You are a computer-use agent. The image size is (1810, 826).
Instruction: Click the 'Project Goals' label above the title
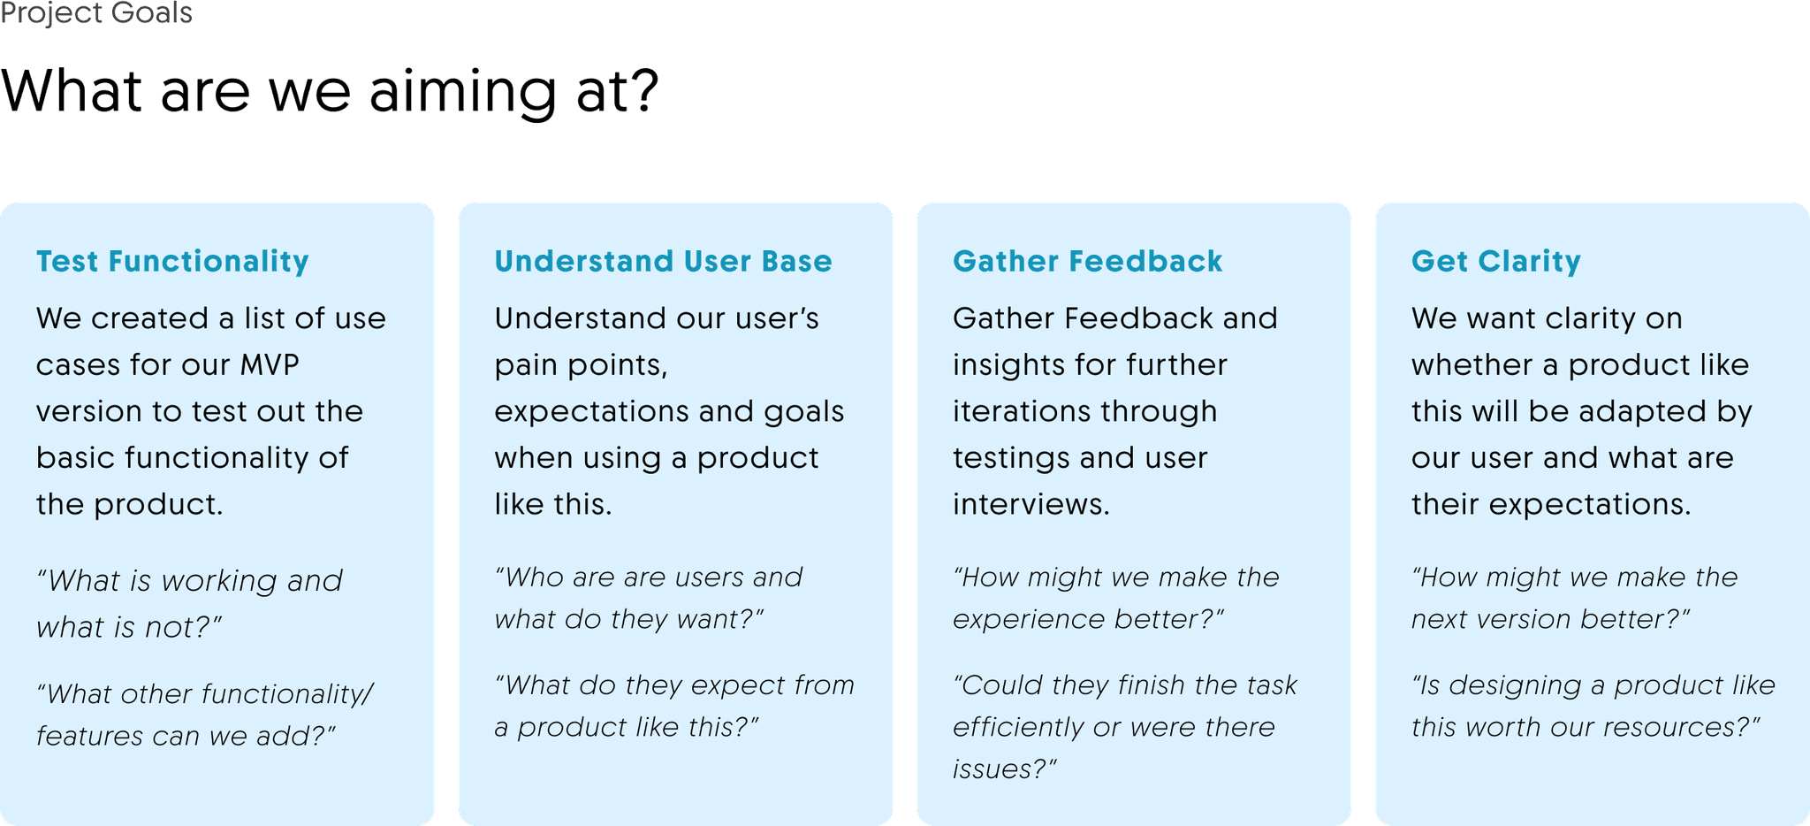pos(96,14)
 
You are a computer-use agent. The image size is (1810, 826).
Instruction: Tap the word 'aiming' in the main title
pos(462,92)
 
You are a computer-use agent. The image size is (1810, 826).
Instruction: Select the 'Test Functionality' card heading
pos(172,261)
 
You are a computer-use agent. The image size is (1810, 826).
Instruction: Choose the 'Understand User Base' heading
pos(663,261)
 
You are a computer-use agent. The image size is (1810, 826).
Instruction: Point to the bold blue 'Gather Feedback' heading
pos(1087,261)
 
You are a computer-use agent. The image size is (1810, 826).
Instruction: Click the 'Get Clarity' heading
pos(1495,262)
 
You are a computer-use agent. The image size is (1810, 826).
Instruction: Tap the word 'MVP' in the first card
pos(270,364)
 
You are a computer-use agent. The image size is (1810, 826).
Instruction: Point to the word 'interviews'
pos(1030,504)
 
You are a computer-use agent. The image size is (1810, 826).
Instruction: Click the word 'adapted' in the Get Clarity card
pos(1630,412)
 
